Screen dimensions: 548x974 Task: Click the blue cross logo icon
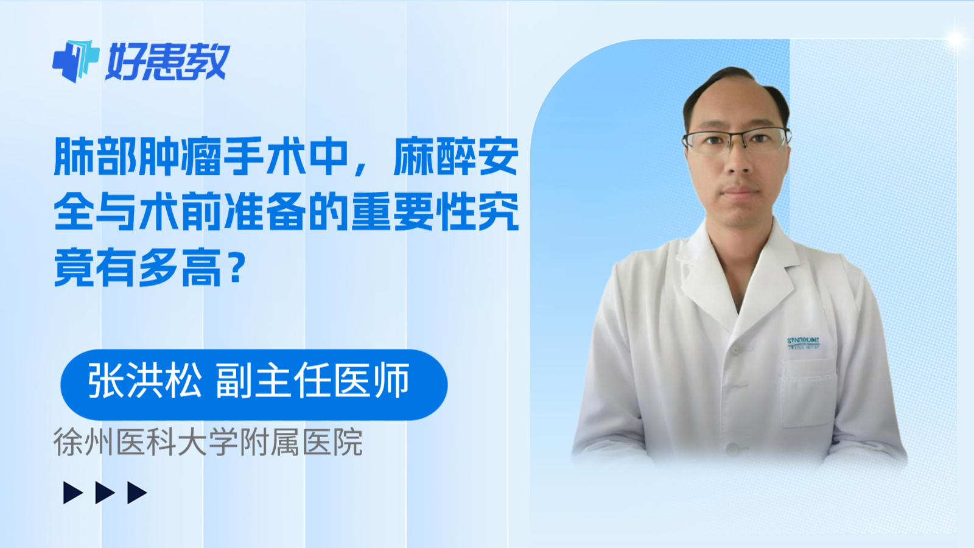pyautogui.click(x=75, y=61)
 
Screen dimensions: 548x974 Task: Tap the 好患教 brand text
pyautogui.click(x=168, y=61)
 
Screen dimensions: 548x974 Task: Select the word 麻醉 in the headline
pyautogui.click(x=435, y=156)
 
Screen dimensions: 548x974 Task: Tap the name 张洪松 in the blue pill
pyautogui.click(x=145, y=382)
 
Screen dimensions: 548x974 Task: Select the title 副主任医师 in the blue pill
pyautogui.click(x=312, y=382)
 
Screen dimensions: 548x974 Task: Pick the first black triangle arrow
pyautogui.click(x=72, y=493)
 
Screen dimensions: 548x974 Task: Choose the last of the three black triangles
pyautogui.click(x=136, y=493)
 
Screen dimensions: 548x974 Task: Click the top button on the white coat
pyautogui.click(x=736, y=350)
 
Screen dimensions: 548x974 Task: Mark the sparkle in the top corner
pyautogui.click(x=955, y=39)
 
